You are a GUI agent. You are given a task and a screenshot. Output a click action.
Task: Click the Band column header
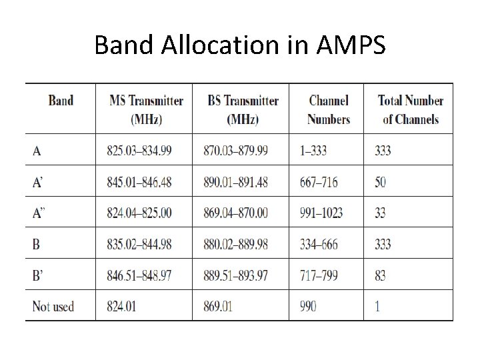pyautogui.click(x=61, y=101)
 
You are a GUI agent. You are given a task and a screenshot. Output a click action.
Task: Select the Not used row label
pyautogui.click(x=53, y=307)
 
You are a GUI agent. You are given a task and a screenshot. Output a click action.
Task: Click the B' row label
pyautogui.click(x=38, y=275)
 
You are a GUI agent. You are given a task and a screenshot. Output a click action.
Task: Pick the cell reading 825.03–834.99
pyautogui.click(x=139, y=151)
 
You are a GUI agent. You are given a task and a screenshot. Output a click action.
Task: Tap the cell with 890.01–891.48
pyautogui.click(x=236, y=182)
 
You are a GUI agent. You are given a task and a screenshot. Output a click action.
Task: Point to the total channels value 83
pyautogui.click(x=380, y=275)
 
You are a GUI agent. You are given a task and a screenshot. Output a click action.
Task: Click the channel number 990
pyautogui.click(x=307, y=307)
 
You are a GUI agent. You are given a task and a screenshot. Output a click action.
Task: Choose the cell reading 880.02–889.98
pyautogui.click(x=236, y=244)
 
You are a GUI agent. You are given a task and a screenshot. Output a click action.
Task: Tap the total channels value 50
pyautogui.click(x=380, y=182)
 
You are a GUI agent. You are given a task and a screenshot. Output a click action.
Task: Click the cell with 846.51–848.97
pyautogui.click(x=139, y=275)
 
